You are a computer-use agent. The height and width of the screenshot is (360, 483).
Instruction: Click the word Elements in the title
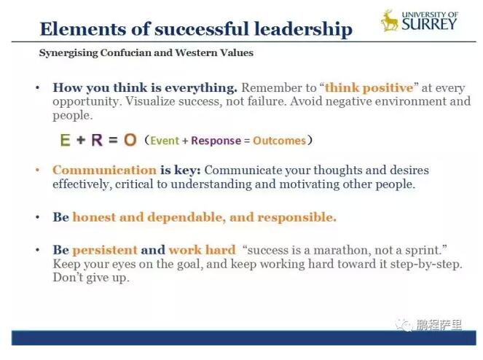(x=83, y=29)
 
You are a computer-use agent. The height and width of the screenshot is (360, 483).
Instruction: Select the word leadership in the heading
(x=303, y=30)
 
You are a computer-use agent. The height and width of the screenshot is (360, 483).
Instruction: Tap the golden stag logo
(x=390, y=20)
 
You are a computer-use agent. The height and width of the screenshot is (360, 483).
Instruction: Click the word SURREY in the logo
(x=429, y=24)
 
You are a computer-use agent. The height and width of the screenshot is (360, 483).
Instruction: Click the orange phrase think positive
(x=369, y=88)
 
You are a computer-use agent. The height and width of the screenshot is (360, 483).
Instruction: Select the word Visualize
(x=150, y=101)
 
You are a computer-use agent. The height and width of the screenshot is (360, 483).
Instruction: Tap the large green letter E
(x=65, y=140)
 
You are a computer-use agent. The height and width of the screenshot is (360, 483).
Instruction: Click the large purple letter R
(x=97, y=140)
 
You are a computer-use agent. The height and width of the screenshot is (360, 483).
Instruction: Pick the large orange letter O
(x=130, y=140)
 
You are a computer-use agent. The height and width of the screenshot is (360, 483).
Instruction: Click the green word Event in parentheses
(x=165, y=141)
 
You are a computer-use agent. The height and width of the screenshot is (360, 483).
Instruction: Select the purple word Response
(x=216, y=141)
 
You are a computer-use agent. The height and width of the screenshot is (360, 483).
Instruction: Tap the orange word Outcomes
(x=280, y=141)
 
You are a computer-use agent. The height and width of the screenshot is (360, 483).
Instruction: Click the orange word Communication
(x=104, y=170)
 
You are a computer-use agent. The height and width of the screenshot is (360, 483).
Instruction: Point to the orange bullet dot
(x=38, y=170)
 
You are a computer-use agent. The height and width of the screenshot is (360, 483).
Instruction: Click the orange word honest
(x=94, y=217)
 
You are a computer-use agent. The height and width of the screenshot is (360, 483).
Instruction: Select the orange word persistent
(x=105, y=250)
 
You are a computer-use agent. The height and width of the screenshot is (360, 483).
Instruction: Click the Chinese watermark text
(x=439, y=325)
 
